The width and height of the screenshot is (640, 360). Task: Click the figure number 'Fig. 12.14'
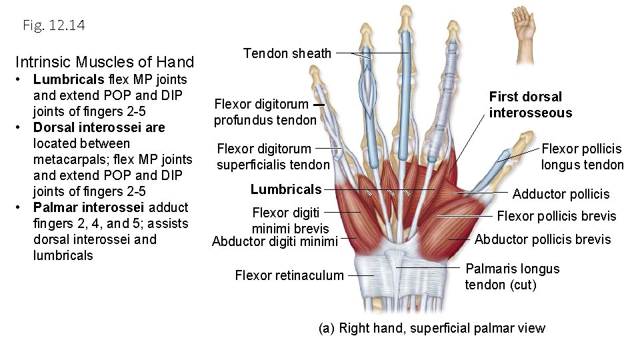coord(53,25)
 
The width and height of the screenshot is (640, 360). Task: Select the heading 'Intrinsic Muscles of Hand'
coord(105,63)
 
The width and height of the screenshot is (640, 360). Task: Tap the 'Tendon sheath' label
coord(287,53)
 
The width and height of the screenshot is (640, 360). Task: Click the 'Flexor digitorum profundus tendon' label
coord(265,112)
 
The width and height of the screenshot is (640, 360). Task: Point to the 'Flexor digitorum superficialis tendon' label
coord(273,157)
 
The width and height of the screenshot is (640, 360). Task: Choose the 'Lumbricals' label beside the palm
coord(285,189)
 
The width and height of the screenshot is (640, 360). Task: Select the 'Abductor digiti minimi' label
coord(275,241)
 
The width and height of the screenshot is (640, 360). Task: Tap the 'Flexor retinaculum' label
coord(289,275)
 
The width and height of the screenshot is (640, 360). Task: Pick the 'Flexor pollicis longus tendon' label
coord(582,157)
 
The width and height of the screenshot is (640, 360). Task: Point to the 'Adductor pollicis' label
coord(561,194)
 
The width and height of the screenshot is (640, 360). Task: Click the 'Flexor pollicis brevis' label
coord(557,216)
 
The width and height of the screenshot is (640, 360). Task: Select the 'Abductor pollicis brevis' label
coord(543,239)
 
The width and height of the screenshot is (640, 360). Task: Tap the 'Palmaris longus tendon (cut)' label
coord(511,277)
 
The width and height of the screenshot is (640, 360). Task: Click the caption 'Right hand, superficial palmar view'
coord(441,328)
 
